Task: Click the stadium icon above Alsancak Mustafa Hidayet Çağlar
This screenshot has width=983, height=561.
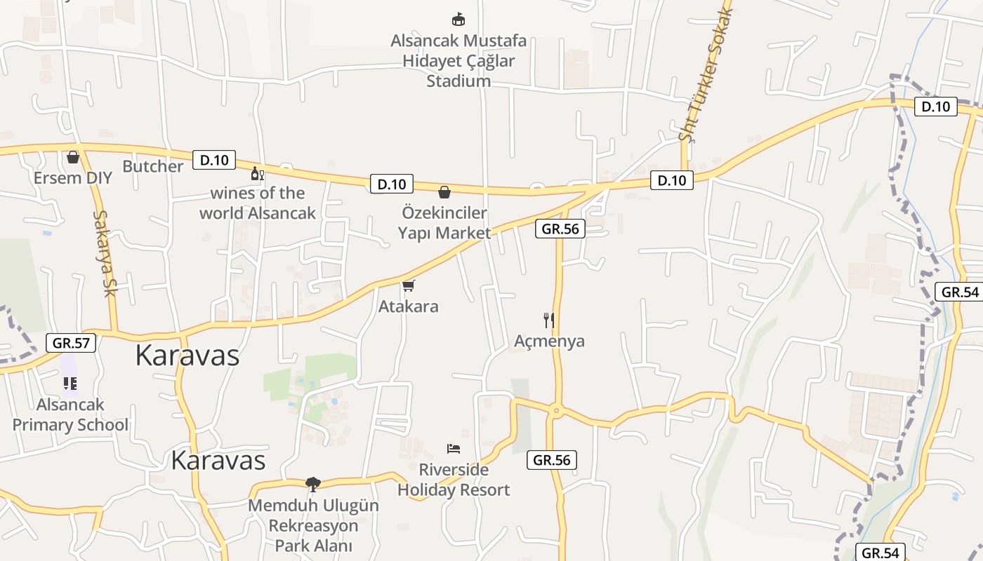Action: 458,20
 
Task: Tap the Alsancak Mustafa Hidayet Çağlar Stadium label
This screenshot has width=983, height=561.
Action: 458,61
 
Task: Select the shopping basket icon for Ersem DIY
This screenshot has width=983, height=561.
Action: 73,157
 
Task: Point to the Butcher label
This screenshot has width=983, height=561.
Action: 152,166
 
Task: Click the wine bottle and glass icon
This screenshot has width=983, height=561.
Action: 258,173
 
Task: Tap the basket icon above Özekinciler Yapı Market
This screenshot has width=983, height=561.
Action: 444,192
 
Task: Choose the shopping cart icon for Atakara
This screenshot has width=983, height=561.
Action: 409,285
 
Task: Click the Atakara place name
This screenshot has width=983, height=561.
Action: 408,306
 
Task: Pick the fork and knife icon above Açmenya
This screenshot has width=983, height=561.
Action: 549,320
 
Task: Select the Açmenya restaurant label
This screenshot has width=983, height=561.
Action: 549,342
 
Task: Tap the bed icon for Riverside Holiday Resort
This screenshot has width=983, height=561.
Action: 454,448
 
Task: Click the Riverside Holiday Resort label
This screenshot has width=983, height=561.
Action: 454,480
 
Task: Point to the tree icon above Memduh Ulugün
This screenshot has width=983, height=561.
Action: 313,484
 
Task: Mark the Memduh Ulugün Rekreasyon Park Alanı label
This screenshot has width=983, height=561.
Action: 313,525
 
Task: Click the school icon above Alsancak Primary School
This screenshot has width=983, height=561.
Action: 70,383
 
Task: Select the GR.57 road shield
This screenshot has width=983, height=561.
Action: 71,343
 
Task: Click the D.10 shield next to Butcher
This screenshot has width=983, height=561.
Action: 214,160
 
